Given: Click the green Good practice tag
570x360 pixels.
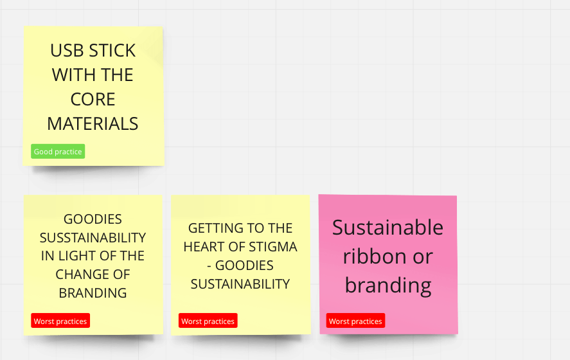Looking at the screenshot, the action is pyautogui.click(x=58, y=151).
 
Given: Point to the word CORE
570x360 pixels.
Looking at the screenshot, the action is pyautogui.click(x=93, y=99).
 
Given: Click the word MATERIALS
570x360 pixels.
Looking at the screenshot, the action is pyautogui.click(x=93, y=123).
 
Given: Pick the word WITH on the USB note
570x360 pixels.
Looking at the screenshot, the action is pyautogui.click(x=74, y=75).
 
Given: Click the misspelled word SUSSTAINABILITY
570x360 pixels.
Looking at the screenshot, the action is pyautogui.click(x=93, y=237).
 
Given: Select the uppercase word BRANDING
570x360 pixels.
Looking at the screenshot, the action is pyautogui.click(x=93, y=293).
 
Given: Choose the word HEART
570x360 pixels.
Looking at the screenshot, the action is pyautogui.click(x=204, y=247).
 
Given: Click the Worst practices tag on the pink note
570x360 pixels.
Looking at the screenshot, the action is pyautogui.click(x=355, y=321).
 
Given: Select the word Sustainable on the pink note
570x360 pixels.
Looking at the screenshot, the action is pyautogui.click(x=388, y=228).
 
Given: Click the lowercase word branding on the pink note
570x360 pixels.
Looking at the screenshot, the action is pyautogui.click(x=388, y=285).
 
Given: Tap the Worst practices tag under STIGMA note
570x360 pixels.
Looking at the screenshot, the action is pyautogui.click(x=208, y=321).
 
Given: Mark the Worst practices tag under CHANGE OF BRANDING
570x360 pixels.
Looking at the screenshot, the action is pyautogui.click(x=60, y=321).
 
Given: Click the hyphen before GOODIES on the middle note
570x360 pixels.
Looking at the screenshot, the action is pyautogui.click(x=209, y=266).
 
